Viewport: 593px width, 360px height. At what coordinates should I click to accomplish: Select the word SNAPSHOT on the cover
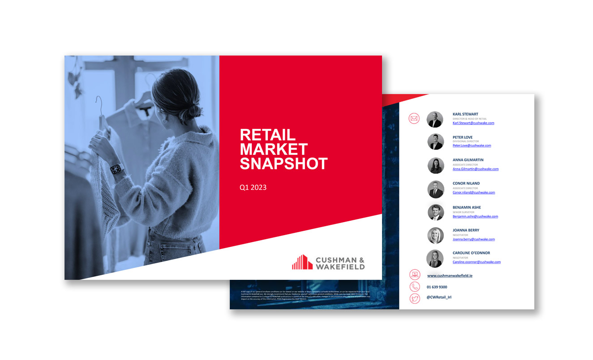284,164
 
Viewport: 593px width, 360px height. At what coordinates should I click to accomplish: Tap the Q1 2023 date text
253,188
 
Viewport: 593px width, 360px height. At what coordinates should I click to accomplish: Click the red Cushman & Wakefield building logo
302,262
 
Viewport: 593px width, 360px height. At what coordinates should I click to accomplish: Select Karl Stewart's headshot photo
434,119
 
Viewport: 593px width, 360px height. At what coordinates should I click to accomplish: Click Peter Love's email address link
472,146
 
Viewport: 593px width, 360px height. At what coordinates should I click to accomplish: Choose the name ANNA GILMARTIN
468,160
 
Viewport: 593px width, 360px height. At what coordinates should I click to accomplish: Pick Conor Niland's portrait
435,189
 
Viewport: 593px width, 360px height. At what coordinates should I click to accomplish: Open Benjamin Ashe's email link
475,216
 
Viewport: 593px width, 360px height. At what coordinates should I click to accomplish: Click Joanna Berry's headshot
435,236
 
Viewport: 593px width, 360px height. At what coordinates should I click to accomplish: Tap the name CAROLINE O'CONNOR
471,253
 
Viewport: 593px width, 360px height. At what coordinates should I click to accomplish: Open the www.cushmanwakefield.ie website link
450,276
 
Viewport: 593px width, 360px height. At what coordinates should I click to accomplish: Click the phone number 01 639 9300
437,287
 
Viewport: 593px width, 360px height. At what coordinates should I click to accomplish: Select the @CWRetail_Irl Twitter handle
439,297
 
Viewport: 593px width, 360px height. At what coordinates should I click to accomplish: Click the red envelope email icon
414,119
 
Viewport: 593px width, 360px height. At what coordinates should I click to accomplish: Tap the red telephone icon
415,287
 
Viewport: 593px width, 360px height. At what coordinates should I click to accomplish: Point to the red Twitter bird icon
415,298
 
